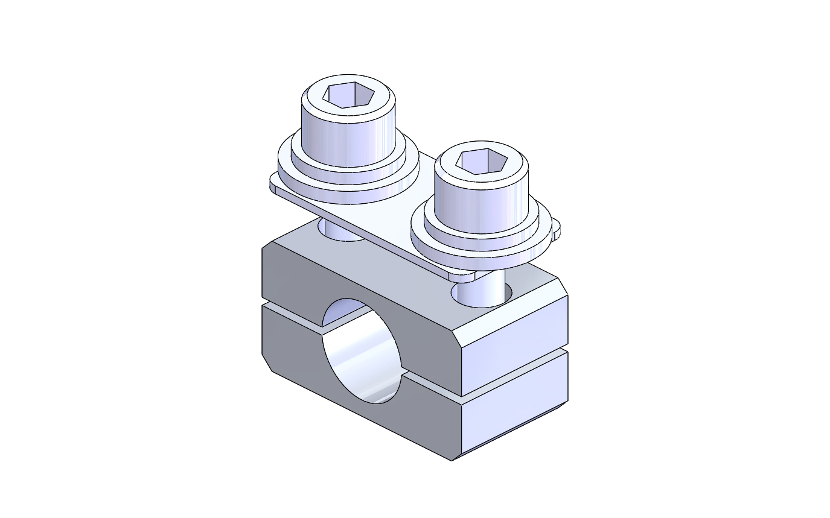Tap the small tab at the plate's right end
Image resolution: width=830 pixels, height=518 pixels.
pyautogui.click(x=556, y=229)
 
